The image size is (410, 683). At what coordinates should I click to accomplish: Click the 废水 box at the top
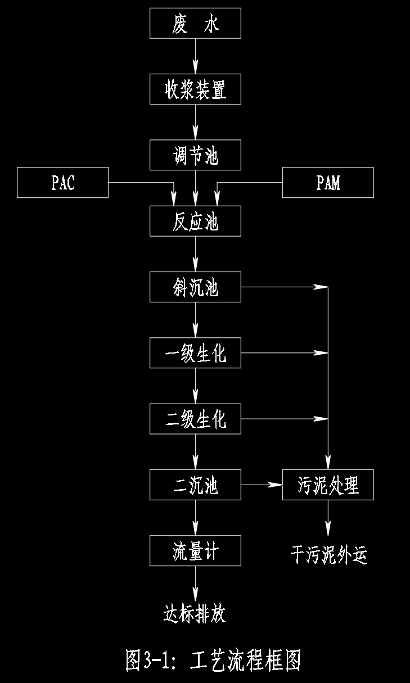click(195, 23)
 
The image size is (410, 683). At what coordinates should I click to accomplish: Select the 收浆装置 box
click(195, 89)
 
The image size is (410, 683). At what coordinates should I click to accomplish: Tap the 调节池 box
click(195, 155)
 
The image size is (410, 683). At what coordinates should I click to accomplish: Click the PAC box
click(62, 182)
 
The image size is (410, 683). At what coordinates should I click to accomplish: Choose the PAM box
click(328, 182)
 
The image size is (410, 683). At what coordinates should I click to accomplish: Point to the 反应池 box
click(195, 220)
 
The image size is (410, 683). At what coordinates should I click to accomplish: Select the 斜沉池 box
click(195, 287)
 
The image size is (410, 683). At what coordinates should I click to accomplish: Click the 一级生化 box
click(195, 352)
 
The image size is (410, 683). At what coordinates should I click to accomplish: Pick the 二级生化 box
click(195, 418)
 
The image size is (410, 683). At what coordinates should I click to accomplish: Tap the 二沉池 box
click(195, 484)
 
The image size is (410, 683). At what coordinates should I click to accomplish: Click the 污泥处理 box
click(328, 484)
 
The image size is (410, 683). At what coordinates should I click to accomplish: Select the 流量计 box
click(195, 550)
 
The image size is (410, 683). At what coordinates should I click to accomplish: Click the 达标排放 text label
click(195, 613)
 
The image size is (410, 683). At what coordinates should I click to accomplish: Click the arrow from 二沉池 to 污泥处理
click(262, 484)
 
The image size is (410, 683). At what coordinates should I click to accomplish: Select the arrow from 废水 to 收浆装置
click(195, 56)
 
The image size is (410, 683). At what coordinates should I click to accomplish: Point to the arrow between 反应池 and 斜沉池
click(195, 254)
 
